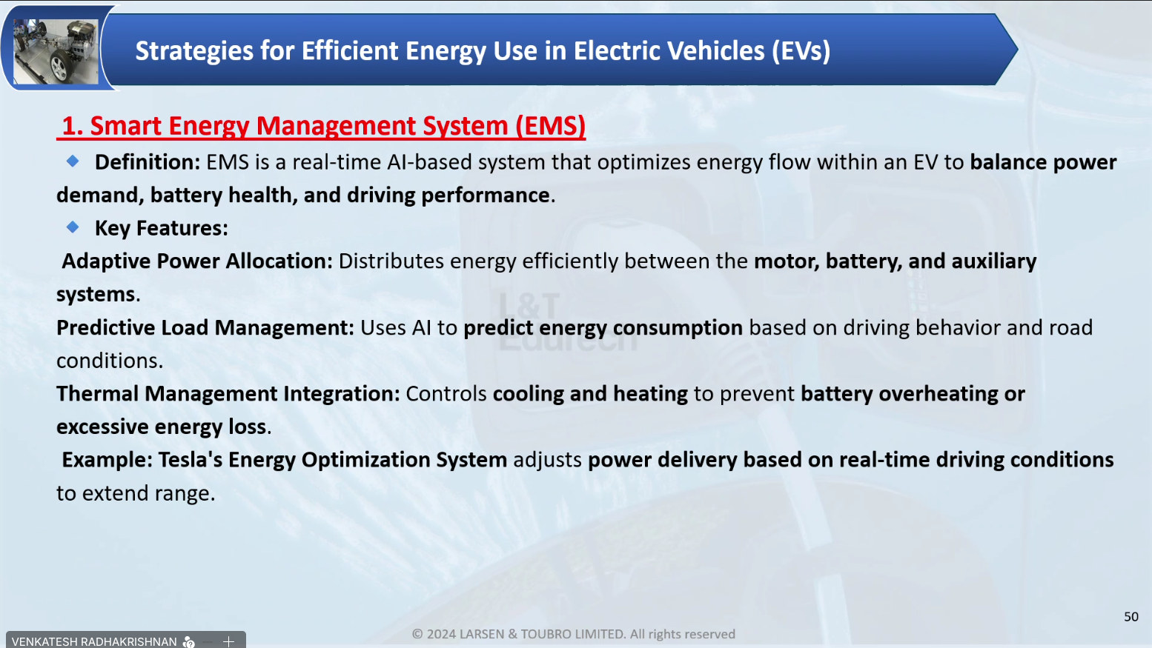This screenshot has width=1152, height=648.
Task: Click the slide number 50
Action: [1131, 617]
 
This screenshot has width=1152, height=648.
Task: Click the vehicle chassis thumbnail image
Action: [56, 51]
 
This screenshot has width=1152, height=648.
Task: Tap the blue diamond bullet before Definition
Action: [73, 161]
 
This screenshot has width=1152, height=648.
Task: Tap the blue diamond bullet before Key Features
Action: [73, 227]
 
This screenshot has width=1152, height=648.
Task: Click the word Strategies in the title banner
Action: [194, 52]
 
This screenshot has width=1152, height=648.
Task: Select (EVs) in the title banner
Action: [801, 51]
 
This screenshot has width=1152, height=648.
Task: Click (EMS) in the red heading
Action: [550, 126]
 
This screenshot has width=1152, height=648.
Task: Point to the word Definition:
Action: [148, 162]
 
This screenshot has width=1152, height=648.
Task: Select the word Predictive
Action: [105, 327]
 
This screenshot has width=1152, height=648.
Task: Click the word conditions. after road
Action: [110, 361]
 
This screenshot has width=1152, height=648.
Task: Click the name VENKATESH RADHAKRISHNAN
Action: [94, 642]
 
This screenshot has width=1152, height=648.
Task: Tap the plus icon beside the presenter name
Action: [229, 641]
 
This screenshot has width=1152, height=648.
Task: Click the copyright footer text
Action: [574, 634]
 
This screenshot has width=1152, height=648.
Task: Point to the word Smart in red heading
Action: [126, 126]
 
